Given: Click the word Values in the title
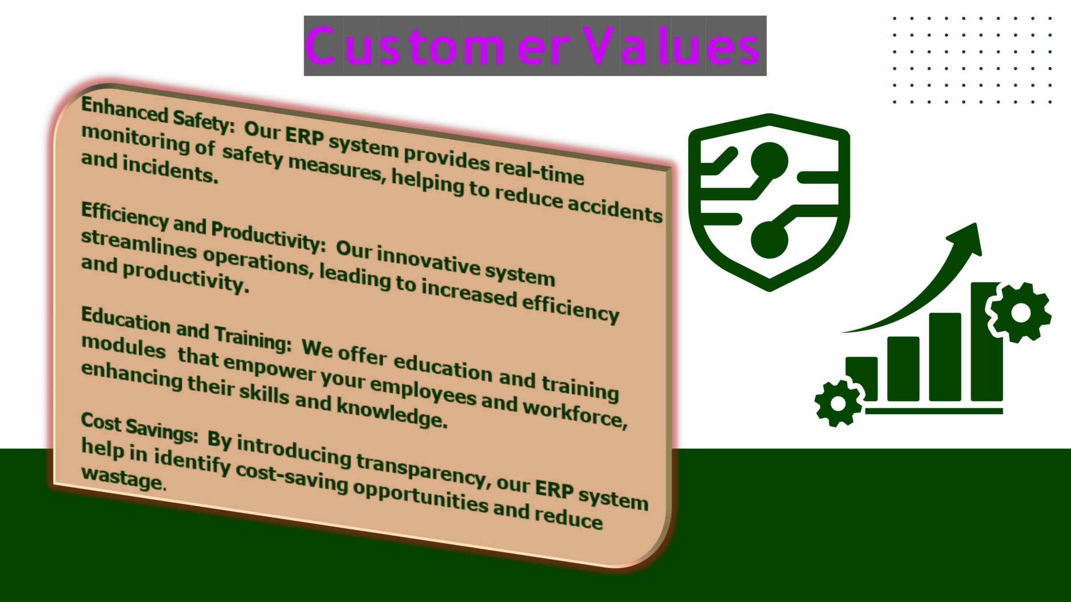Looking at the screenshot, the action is point(671,46).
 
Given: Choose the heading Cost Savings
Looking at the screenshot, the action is point(139,427).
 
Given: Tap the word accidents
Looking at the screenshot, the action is point(615,209).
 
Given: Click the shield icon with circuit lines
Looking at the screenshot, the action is point(769,202).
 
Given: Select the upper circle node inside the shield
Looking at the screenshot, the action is point(769,161).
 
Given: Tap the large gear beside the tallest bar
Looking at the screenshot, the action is point(1020,312).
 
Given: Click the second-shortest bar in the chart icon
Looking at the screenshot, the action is point(903,369).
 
